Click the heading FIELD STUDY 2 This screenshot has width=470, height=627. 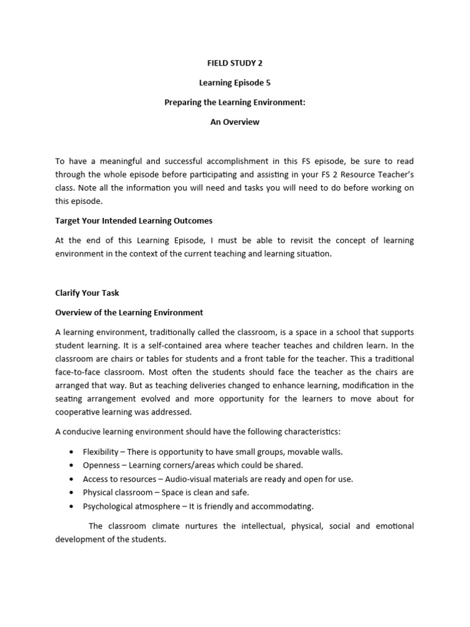(x=234, y=62)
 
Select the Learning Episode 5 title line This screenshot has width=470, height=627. (x=234, y=82)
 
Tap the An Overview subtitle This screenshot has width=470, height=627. (x=234, y=122)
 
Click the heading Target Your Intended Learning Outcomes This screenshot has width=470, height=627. (x=134, y=220)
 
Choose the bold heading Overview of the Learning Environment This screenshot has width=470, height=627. (x=129, y=312)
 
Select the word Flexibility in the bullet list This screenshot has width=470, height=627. (x=101, y=452)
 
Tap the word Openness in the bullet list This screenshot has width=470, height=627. (x=101, y=465)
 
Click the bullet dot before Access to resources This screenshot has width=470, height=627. (x=72, y=479)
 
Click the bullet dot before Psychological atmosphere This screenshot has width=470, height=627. (x=72, y=506)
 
